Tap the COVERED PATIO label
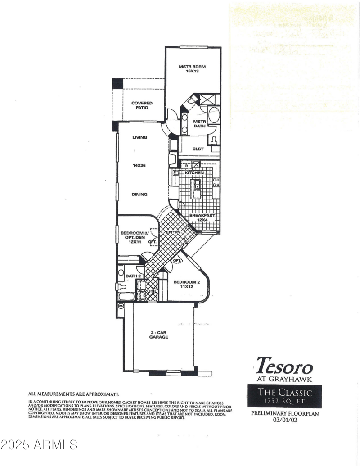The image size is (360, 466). pyautogui.click(x=142, y=105)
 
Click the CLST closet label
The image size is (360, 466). pyautogui.click(x=198, y=149)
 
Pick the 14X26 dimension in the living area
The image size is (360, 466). pyautogui.click(x=139, y=165)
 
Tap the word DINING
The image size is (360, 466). pyautogui.click(x=140, y=195)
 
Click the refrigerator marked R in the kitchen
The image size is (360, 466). pyautogui.click(x=187, y=165)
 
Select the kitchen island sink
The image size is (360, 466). pyautogui.click(x=197, y=184)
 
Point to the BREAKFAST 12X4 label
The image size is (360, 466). pyautogui.click(x=202, y=218)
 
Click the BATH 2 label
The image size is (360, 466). pyautogui.click(x=133, y=276)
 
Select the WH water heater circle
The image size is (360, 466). pyautogui.click(x=121, y=306)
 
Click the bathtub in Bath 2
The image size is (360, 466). pyautogui.click(x=126, y=296)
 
